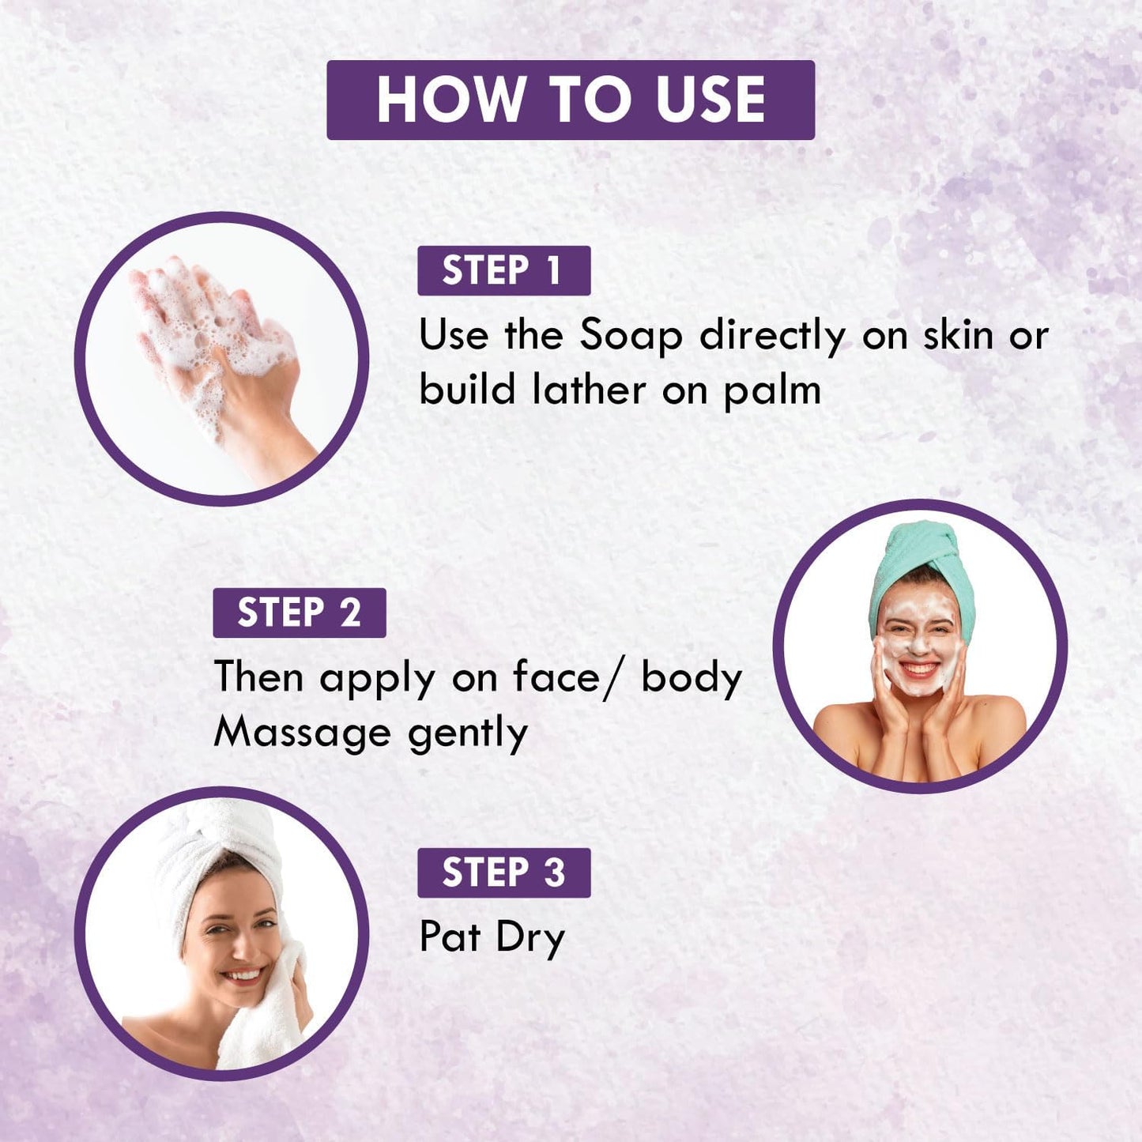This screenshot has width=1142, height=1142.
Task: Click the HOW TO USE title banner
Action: [571, 100]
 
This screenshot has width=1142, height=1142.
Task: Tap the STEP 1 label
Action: [503, 271]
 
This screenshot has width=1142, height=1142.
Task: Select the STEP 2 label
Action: [300, 612]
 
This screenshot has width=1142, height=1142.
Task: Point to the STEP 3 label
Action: [503, 873]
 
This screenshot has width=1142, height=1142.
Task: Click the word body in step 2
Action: [692, 677]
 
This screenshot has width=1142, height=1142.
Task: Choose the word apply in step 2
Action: [378, 680]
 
